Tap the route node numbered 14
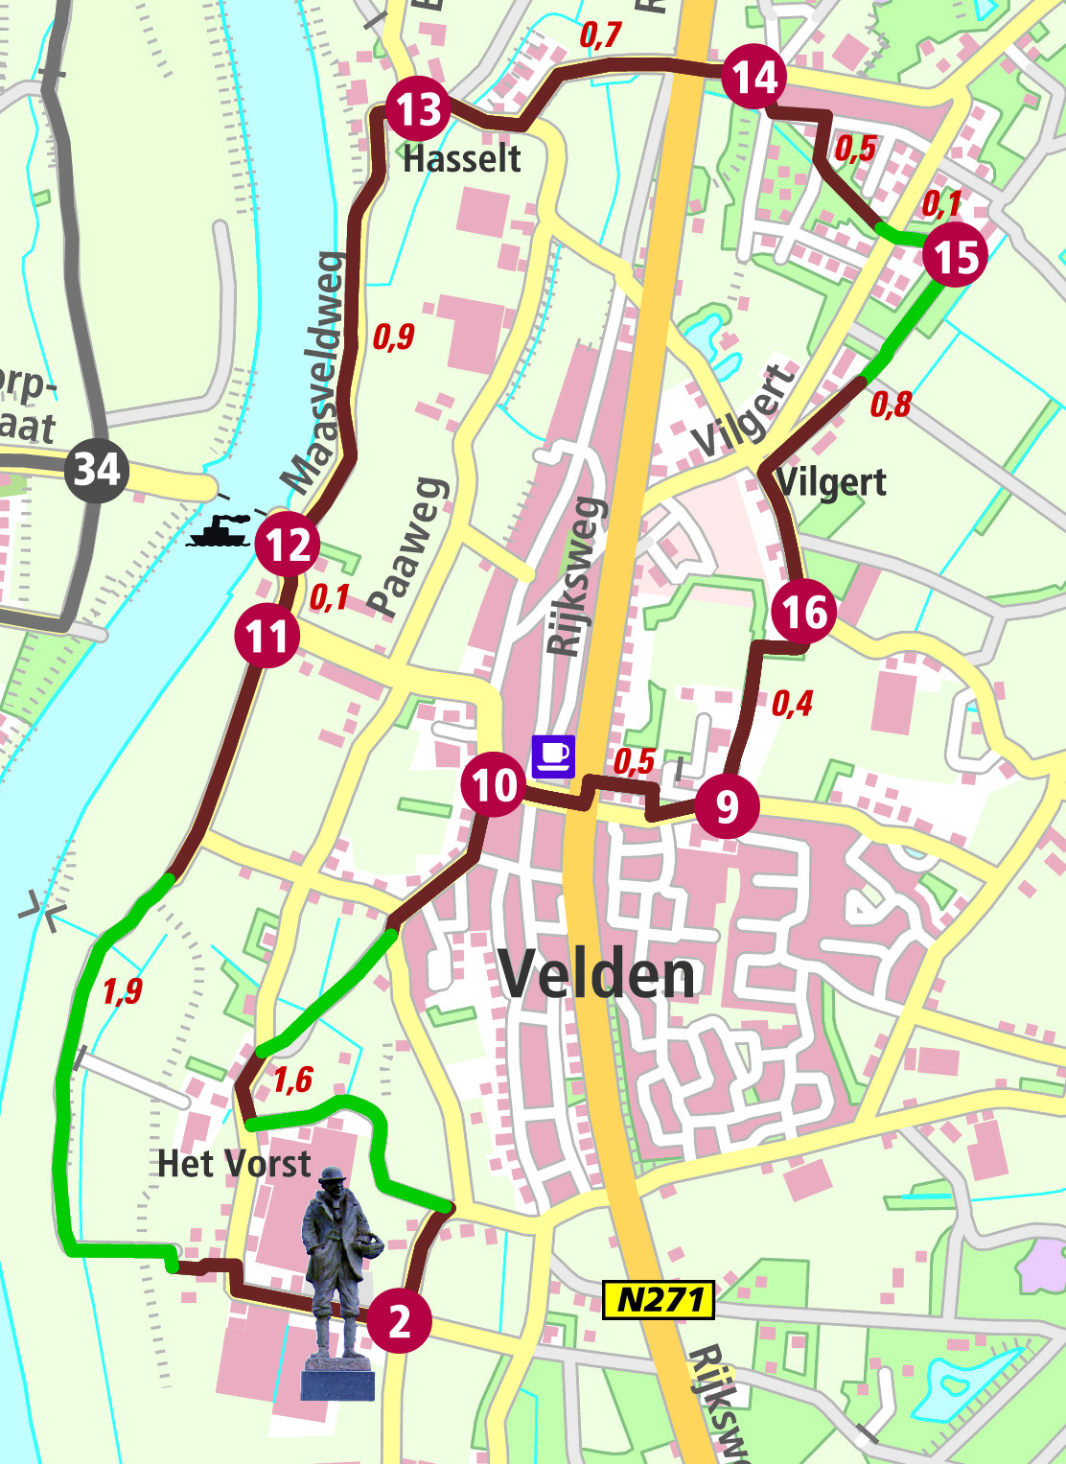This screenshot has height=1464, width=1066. [753, 77]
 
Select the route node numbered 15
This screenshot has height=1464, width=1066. [955, 256]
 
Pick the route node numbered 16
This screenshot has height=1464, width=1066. [803, 612]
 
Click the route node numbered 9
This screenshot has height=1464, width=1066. [727, 806]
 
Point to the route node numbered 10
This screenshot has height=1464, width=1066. [493, 785]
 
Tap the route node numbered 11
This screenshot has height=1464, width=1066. [266, 637]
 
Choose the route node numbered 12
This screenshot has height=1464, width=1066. [288, 545]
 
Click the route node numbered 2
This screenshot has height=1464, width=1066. [399, 1322]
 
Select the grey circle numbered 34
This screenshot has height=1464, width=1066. [97, 469]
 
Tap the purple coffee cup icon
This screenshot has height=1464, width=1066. [553, 755]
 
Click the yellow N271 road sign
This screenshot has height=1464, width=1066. [659, 1300]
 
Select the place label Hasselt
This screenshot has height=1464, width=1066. [462, 158]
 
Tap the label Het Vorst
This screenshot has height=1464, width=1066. [234, 1164]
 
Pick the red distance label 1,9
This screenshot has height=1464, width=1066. [122, 990]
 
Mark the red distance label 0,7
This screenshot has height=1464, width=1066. [600, 35]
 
